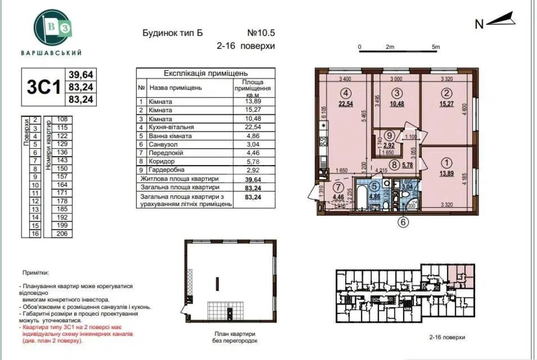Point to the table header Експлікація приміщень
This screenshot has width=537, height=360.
(x=205, y=73)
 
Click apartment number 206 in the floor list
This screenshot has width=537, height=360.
(x=62, y=233)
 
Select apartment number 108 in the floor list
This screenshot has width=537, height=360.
(x=62, y=119)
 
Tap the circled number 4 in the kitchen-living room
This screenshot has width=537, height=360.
(x=345, y=93)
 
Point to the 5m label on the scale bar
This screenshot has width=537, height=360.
(x=435, y=47)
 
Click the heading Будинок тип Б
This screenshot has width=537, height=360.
(x=172, y=33)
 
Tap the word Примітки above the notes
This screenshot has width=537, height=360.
(x=35, y=272)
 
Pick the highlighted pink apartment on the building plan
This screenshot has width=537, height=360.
(x=461, y=275)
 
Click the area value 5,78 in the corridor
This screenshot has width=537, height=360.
(x=407, y=164)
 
